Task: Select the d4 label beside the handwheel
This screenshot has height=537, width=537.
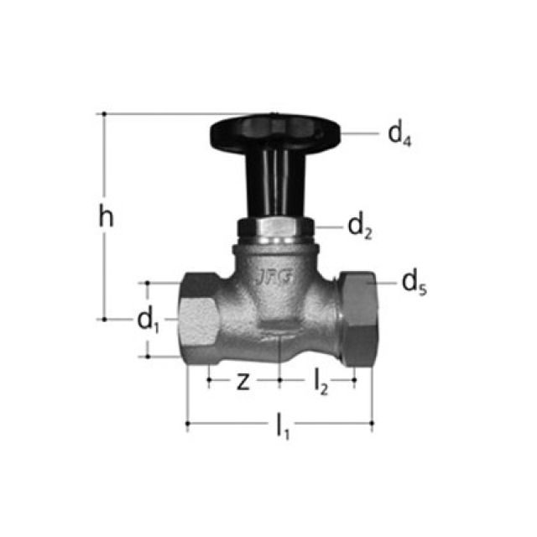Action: coord(399,134)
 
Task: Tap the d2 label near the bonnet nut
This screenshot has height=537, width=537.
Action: coord(360,226)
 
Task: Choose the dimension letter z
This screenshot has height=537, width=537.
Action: coord(242,382)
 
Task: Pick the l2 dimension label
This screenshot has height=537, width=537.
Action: coord(321,382)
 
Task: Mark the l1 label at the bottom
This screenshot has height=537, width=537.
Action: coord(283,428)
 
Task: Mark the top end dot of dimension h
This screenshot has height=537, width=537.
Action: coord(104,112)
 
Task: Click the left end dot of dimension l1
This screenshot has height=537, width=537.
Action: coord(187,424)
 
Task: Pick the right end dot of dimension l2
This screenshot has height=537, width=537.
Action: coord(355,379)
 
